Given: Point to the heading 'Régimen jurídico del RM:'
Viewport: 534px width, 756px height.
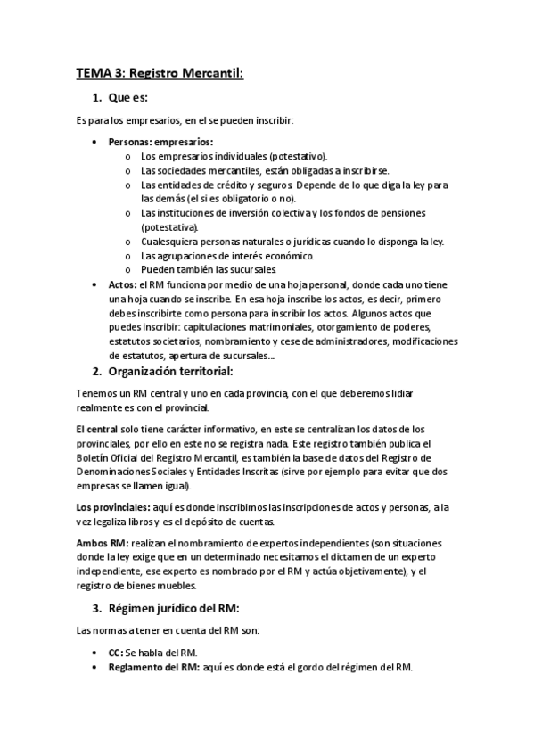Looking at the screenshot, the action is pyautogui.click(x=174, y=608).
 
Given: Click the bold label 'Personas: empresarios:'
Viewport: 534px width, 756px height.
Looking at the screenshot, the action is pyautogui.click(x=160, y=142).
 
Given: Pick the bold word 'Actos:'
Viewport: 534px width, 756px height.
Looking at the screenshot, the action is pyautogui.click(x=123, y=283).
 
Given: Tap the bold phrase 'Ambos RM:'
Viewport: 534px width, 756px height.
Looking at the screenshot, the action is pyautogui.click(x=103, y=542).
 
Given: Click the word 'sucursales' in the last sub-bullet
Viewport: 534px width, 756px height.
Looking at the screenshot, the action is pyautogui.click(x=256, y=269).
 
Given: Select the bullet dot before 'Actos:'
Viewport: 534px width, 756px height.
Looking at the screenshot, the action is pyautogui.click(x=96, y=283).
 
